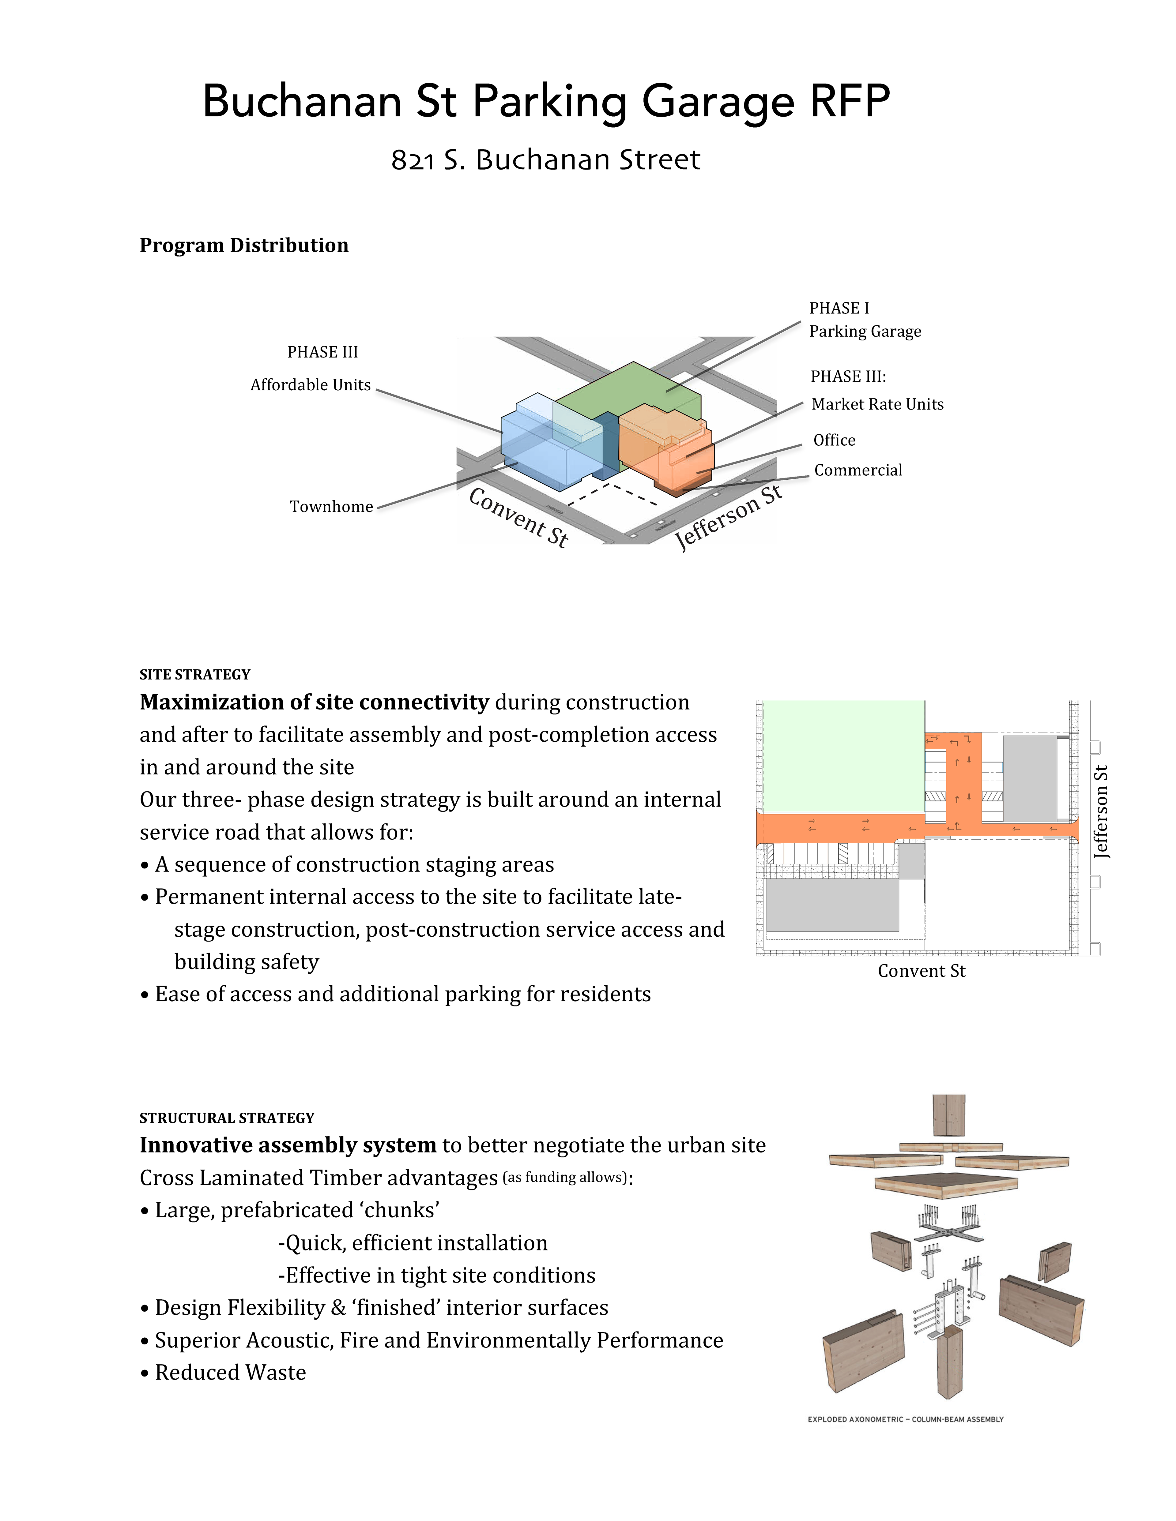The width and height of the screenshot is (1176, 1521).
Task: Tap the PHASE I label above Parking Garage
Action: (x=839, y=308)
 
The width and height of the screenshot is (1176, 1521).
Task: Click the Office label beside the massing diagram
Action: (x=834, y=440)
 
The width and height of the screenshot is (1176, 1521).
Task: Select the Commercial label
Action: (x=858, y=470)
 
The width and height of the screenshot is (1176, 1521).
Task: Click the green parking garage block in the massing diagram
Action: (x=627, y=390)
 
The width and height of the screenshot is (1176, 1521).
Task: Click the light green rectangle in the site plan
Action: (x=843, y=756)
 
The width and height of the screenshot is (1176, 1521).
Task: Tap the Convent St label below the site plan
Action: (x=921, y=971)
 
